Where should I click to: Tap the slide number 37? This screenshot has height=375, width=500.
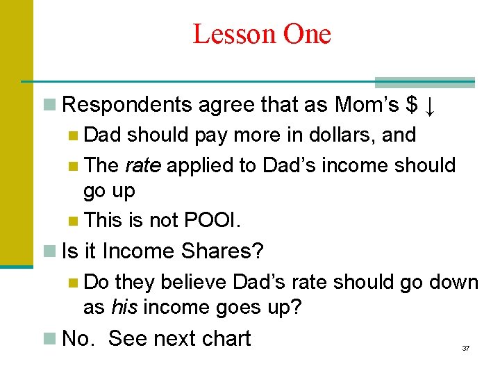coord(466,348)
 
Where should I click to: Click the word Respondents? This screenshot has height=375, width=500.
coord(127,105)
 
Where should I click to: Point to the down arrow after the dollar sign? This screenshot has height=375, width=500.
coord(431,106)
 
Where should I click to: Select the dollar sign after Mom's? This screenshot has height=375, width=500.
coord(413,105)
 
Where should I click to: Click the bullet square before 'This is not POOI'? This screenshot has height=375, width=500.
coord(74,222)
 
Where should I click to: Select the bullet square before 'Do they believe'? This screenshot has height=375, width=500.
coord(74,283)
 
